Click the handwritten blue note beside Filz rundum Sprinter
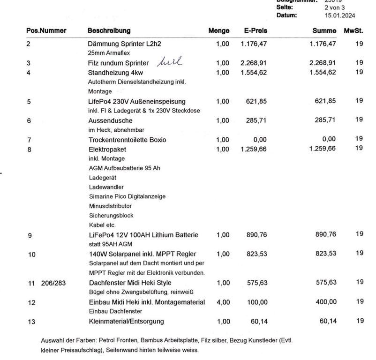[169, 61]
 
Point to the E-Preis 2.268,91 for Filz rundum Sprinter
[254, 63]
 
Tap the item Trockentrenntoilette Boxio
[127, 140]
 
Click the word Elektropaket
[107, 150]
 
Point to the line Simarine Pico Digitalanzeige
[127, 196]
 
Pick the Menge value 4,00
[223, 302]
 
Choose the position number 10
[31, 255]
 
